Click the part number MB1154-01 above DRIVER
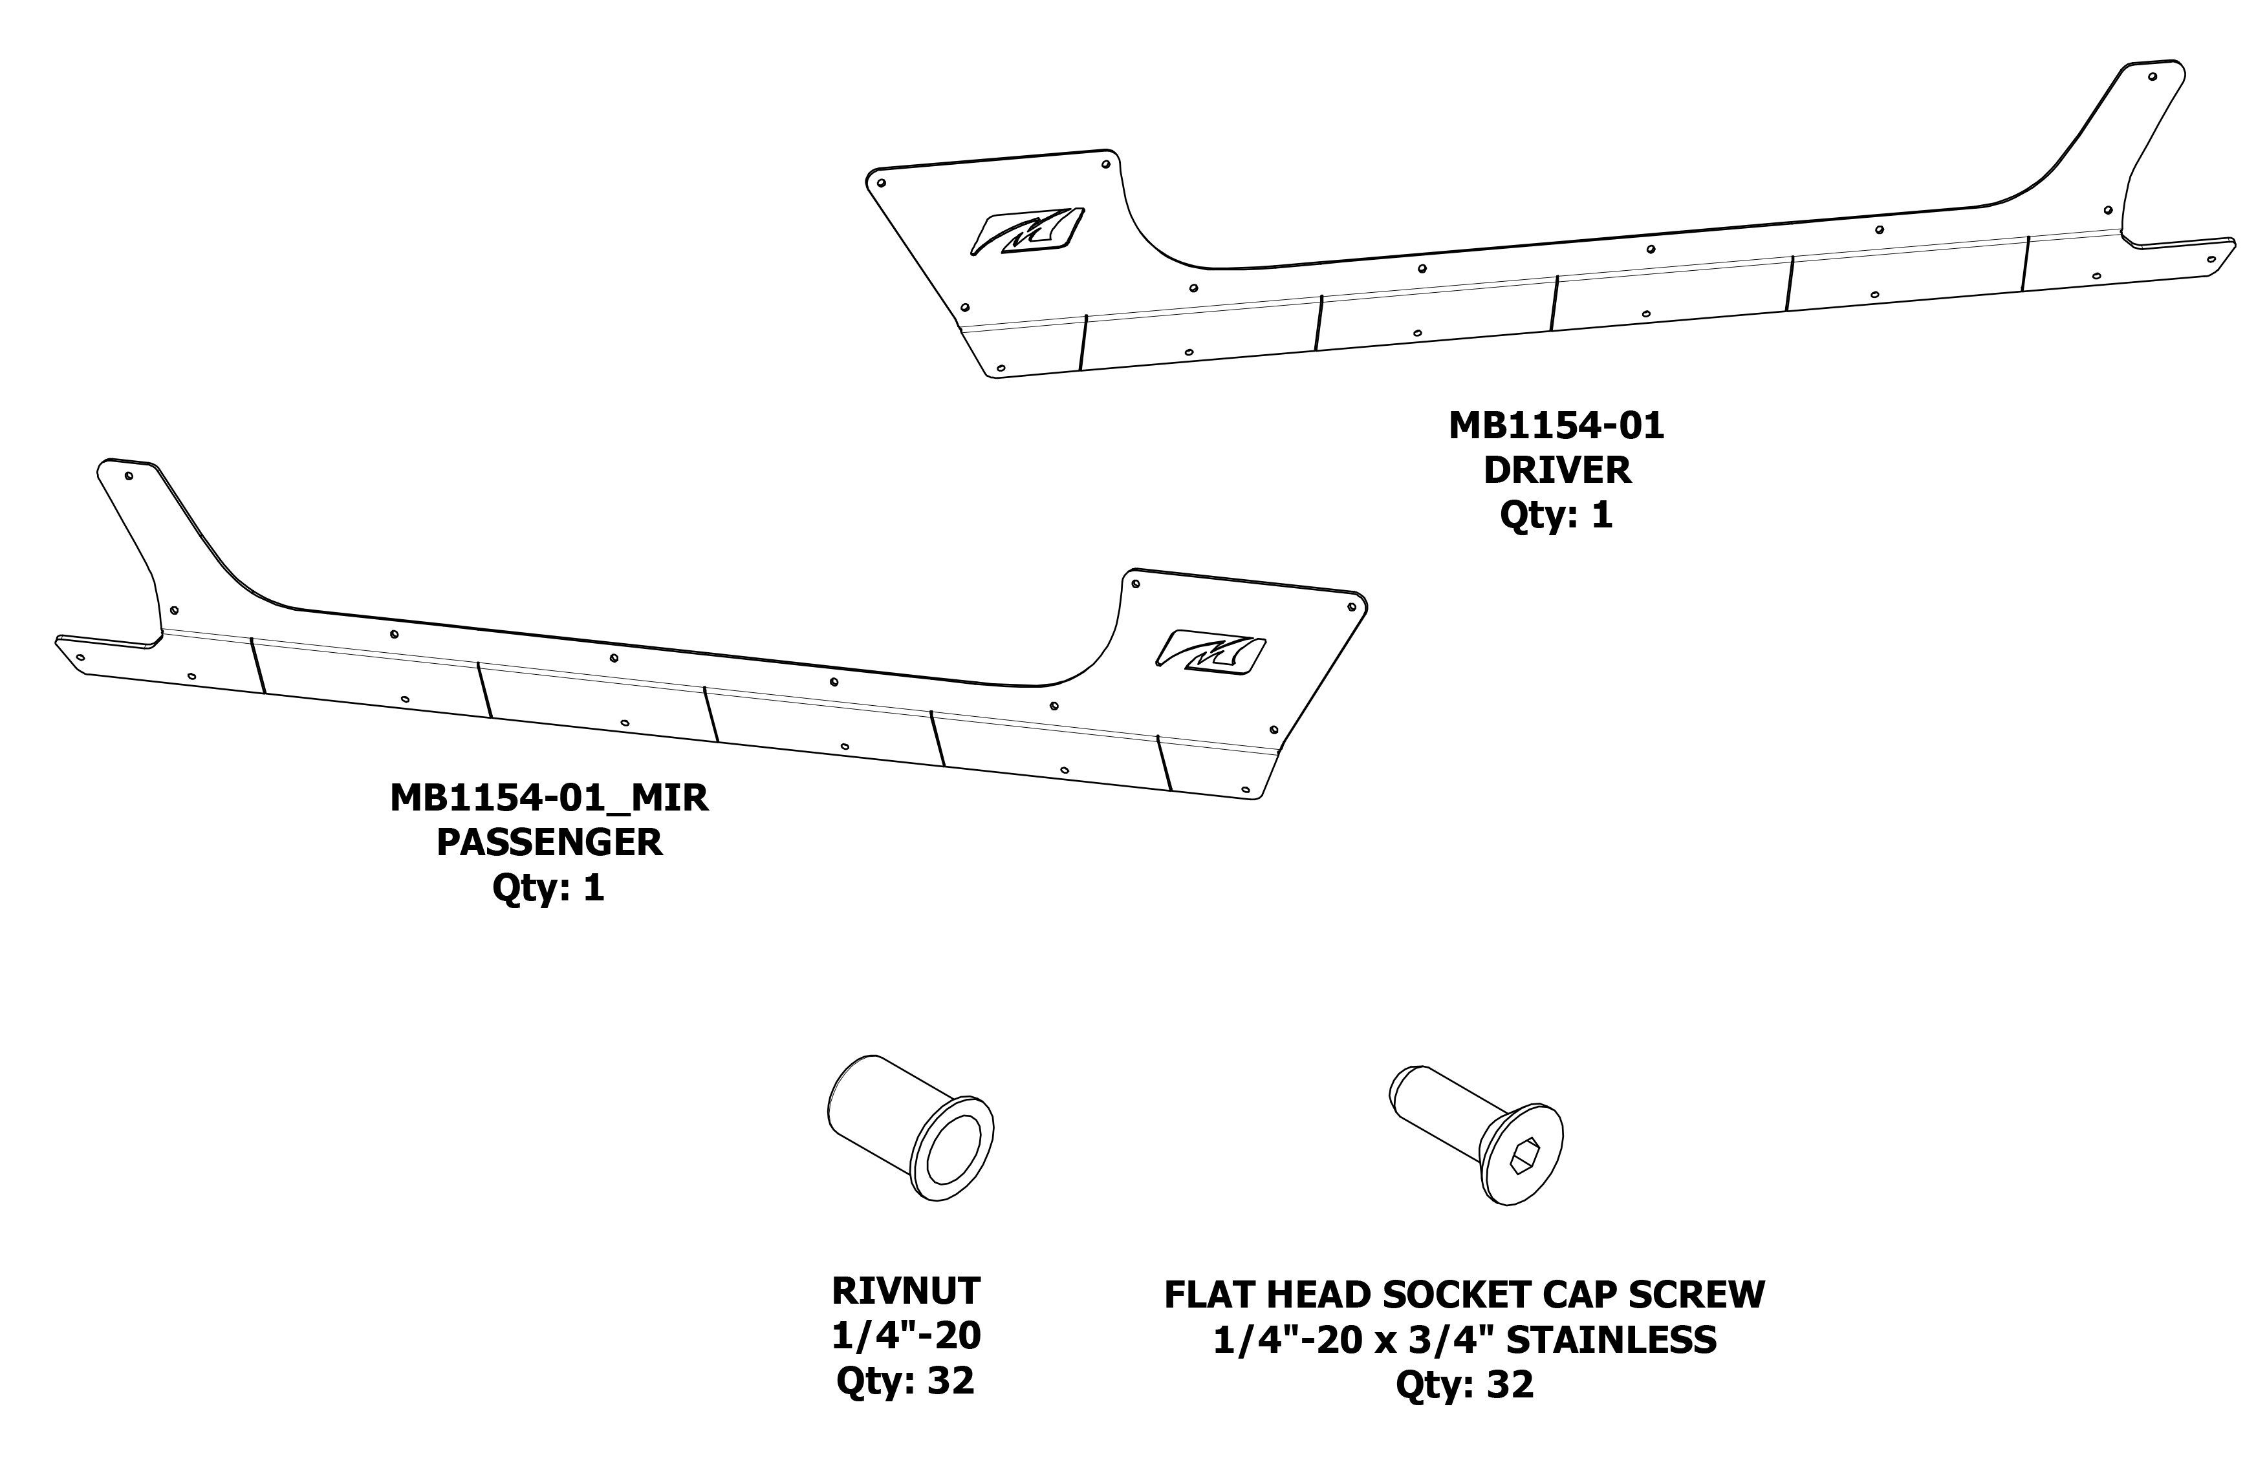1556,427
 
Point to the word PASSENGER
549,842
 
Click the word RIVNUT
906,1291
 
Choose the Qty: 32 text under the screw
1464,1384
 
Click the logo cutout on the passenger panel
1211,652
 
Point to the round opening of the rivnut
951,1149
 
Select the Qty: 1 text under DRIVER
1556,515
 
